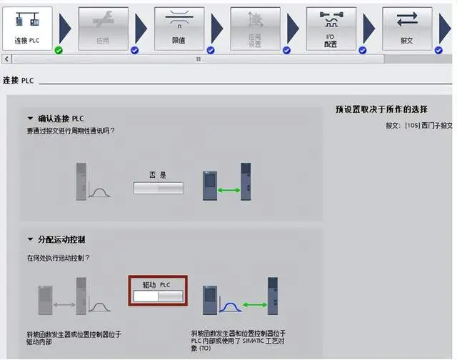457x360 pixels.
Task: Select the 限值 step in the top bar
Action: [x=179, y=27]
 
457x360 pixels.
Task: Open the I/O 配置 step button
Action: [x=331, y=27]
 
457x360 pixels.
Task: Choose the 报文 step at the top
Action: [x=407, y=27]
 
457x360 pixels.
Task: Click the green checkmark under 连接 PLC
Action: [x=59, y=50]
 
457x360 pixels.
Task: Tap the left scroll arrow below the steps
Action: [x=7, y=59]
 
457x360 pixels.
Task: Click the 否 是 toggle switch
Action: [x=158, y=188]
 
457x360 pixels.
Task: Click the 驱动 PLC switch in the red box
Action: [x=158, y=295]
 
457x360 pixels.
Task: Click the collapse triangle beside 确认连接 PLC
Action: [x=30, y=119]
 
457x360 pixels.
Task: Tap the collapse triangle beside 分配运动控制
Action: [x=30, y=239]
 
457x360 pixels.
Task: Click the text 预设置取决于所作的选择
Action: [x=391, y=109]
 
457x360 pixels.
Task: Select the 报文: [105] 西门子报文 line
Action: [x=418, y=125]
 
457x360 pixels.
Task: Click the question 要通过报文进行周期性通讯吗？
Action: [x=71, y=131]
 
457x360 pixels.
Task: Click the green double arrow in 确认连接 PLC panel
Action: [x=228, y=189]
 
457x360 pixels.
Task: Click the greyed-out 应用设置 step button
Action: [x=255, y=27]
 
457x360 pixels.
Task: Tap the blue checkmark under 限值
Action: [x=211, y=50]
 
